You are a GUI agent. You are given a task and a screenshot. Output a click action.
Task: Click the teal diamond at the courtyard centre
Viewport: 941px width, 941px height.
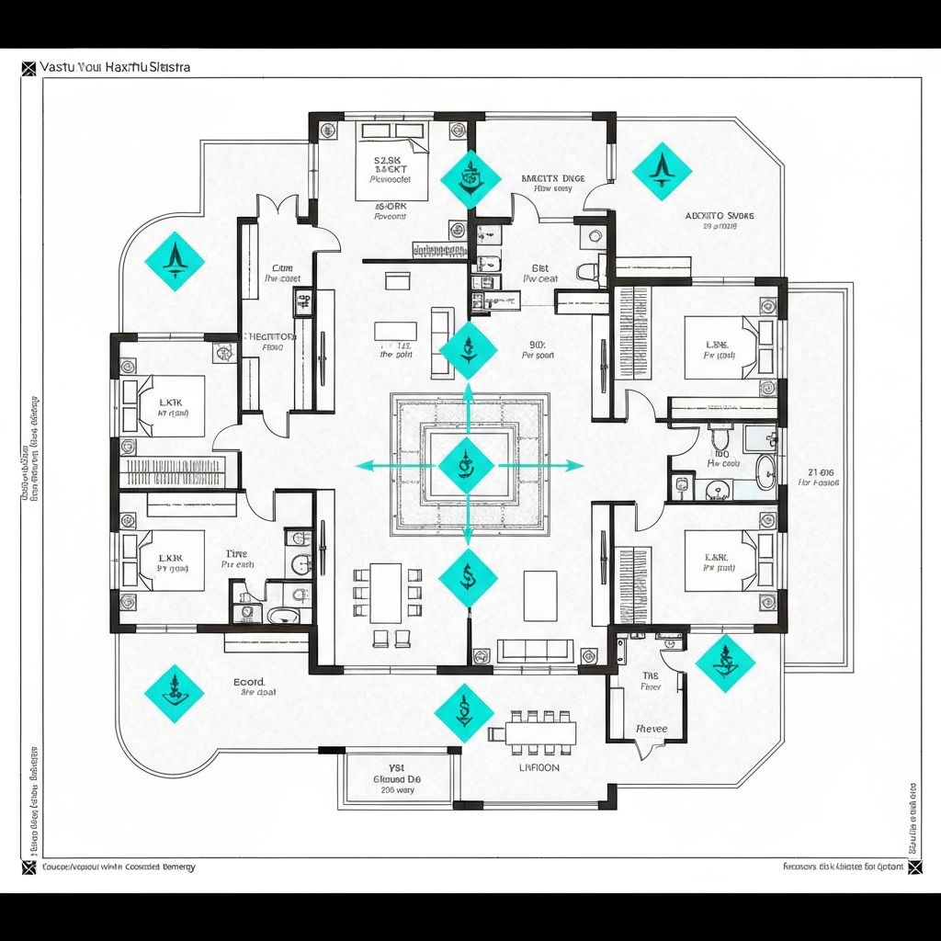click(467, 466)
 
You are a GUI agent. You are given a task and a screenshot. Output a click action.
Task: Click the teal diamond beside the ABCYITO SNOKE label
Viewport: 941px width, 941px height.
click(662, 170)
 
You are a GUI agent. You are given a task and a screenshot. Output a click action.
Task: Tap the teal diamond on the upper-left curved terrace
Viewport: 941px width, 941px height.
click(175, 261)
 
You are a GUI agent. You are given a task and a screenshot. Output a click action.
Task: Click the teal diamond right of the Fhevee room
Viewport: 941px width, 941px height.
click(725, 663)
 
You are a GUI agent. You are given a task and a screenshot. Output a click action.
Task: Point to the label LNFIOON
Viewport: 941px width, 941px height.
click(539, 767)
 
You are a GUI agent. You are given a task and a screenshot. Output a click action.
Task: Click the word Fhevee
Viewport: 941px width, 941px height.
click(651, 728)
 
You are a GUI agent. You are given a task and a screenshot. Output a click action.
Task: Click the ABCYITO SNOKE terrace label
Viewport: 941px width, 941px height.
click(720, 216)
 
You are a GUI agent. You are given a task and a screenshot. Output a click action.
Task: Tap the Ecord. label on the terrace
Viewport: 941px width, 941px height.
click(249, 683)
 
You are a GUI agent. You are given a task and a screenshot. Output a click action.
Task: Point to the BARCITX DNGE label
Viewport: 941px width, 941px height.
click(552, 178)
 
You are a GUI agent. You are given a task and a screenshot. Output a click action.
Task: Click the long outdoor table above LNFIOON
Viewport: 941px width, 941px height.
click(533, 732)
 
